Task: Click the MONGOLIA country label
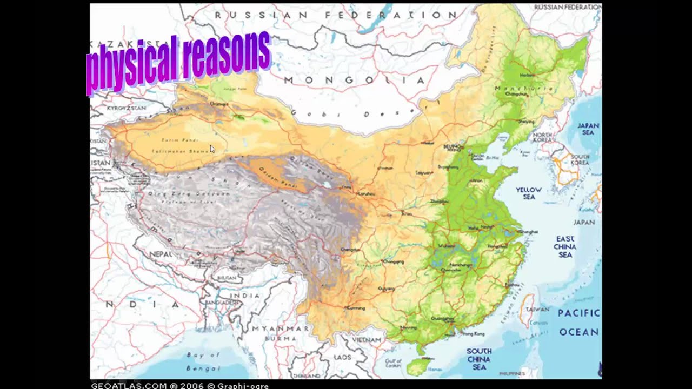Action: [354, 81]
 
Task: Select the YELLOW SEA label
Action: [529, 193]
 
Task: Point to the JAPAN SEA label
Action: [588, 129]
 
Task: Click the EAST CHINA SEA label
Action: [565, 247]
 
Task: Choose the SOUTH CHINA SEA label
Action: [479, 359]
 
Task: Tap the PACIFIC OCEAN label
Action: [578, 323]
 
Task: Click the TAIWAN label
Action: [537, 310]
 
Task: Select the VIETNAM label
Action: [367, 340]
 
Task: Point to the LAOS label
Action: [342, 357]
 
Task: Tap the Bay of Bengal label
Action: [203, 361]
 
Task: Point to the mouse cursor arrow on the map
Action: [212, 148]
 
